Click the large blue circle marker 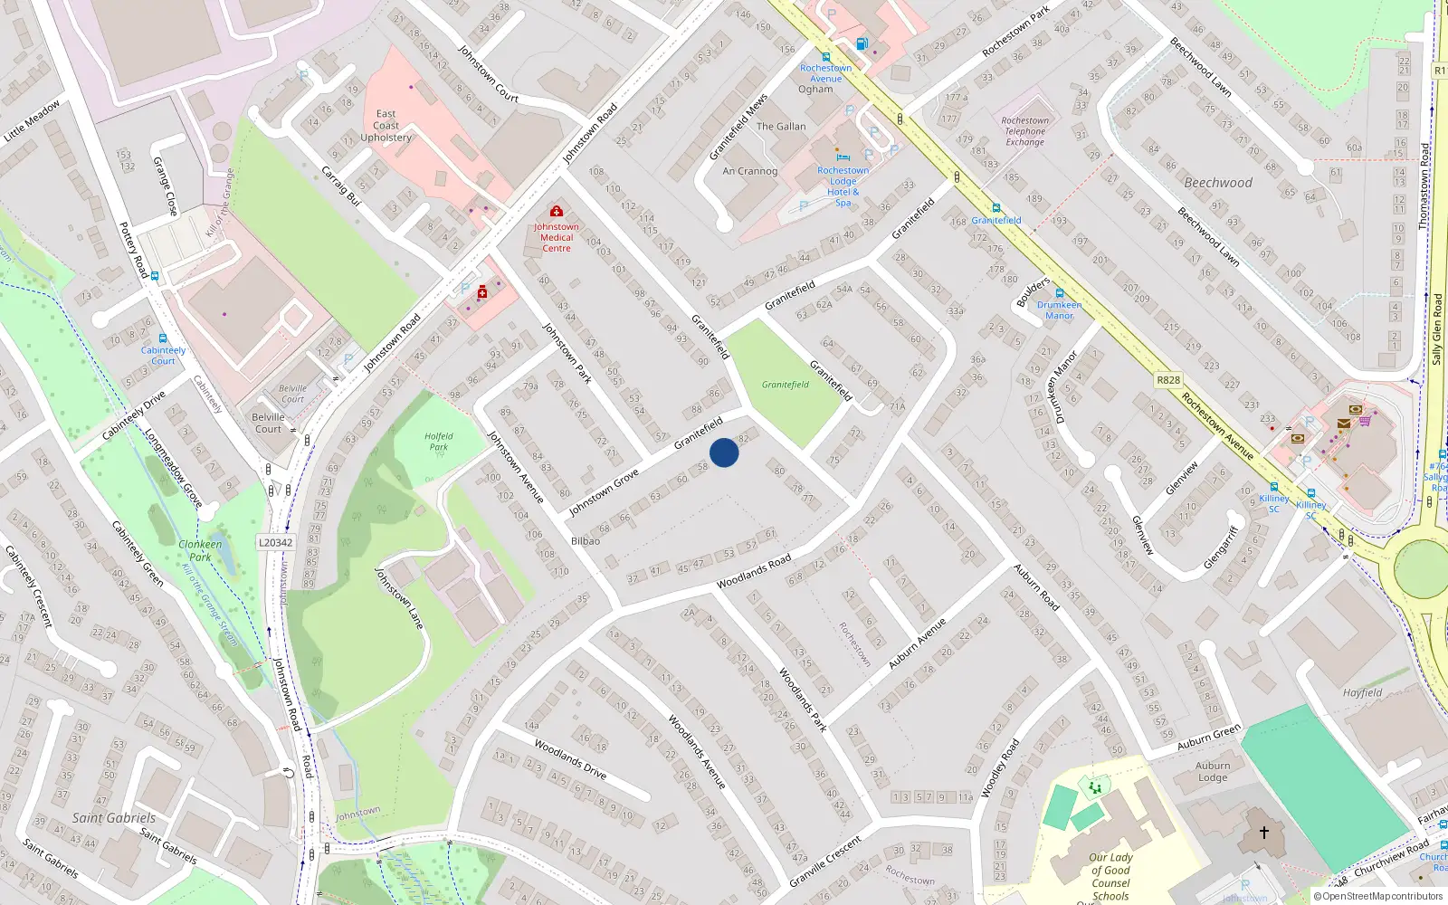tap(723, 452)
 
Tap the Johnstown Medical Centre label tap(556, 237)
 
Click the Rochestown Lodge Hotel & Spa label tap(843, 186)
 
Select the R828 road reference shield tap(1168, 380)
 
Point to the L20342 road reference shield tap(275, 543)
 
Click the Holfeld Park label tap(439, 442)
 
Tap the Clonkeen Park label tap(200, 550)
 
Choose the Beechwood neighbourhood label tap(1218, 183)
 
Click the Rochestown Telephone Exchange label tap(1024, 131)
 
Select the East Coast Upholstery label tap(386, 126)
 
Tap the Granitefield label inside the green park tap(785, 385)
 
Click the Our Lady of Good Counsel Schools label tap(1110, 876)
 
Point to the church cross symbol tap(1263, 832)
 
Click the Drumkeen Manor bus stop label tap(1059, 310)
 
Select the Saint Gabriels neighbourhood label tap(113, 818)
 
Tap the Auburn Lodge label tap(1213, 771)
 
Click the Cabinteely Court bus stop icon tap(163, 338)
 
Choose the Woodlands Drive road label tap(570, 759)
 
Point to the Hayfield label tap(1362, 693)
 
